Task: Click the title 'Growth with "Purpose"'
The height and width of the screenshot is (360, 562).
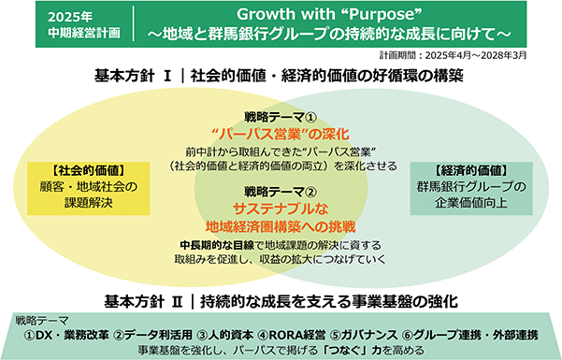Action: pyautogui.click(x=328, y=15)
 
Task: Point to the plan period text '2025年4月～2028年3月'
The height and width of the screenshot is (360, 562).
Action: pyautogui.click(x=476, y=55)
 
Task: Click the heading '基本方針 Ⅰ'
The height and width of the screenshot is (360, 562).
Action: pyautogui.click(x=132, y=76)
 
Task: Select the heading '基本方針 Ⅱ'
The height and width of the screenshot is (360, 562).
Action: pyautogui.click(x=143, y=301)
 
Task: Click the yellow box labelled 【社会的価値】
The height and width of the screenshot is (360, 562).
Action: pyautogui.click(x=89, y=188)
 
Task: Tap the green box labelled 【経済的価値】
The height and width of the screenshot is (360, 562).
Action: pyautogui.click(x=471, y=188)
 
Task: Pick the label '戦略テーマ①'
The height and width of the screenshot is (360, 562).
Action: pyautogui.click(x=281, y=117)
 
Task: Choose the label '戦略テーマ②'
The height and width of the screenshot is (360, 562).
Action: pyautogui.click(x=281, y=192)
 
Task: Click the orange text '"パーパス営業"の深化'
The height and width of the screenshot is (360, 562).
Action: pyautogui.click(x=281, y=135)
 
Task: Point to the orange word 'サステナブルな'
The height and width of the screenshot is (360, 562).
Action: pyautogui.click(x=281, y=209)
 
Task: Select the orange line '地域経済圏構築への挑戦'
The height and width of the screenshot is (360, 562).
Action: pyautogui.click(x=281, y=226)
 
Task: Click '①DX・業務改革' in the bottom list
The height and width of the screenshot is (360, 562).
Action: pyautogui.click(x=66, y=335)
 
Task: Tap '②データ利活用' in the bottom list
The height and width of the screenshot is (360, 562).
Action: pyautogui.click(x=153, y=335)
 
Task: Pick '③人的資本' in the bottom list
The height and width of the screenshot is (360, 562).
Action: pyautogui.click(x=225, y=335)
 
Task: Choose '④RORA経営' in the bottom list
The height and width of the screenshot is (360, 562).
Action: pyautogui.click(x=292, y=335)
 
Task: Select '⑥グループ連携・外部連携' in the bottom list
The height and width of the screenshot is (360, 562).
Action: pyautogui.click(x=470, y=335)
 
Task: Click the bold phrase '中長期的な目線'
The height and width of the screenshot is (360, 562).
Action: pyautogui.click(x=217, y=245)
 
